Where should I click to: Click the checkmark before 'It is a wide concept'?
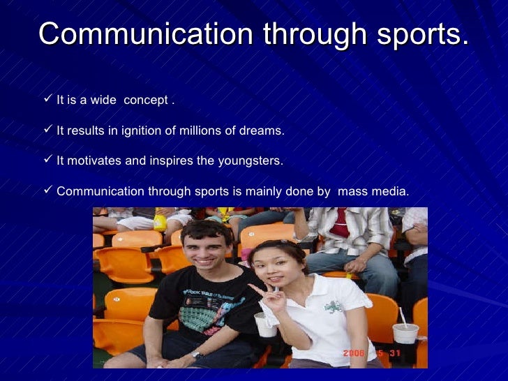point(47,100)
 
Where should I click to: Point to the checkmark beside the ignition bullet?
point(47,130)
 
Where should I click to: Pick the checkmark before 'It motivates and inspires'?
point(47,160)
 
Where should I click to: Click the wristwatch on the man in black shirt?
point(197,354)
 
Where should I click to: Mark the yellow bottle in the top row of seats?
point(160,222)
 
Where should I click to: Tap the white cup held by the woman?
point(266,324)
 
